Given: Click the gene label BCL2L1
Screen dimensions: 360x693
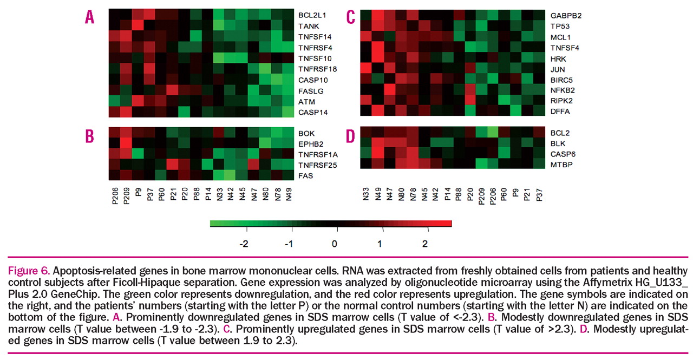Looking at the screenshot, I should click(x=312, y=15).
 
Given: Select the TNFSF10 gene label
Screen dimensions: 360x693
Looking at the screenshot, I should click(x=315, y=58).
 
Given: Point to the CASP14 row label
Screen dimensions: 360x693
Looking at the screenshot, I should click(x=311, y=112).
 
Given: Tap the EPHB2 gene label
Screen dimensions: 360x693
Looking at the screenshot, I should click(x=310, y=143).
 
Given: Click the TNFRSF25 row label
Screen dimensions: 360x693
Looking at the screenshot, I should click(x=317, y=165).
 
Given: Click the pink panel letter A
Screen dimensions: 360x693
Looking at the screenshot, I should click(x=90, y=17).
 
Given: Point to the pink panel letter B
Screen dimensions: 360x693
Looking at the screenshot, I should click(x=90, y=135).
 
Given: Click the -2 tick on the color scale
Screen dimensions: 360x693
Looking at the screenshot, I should click(x=244, y=244).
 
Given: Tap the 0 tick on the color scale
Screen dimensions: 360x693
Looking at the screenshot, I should click(x=335, y=244).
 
